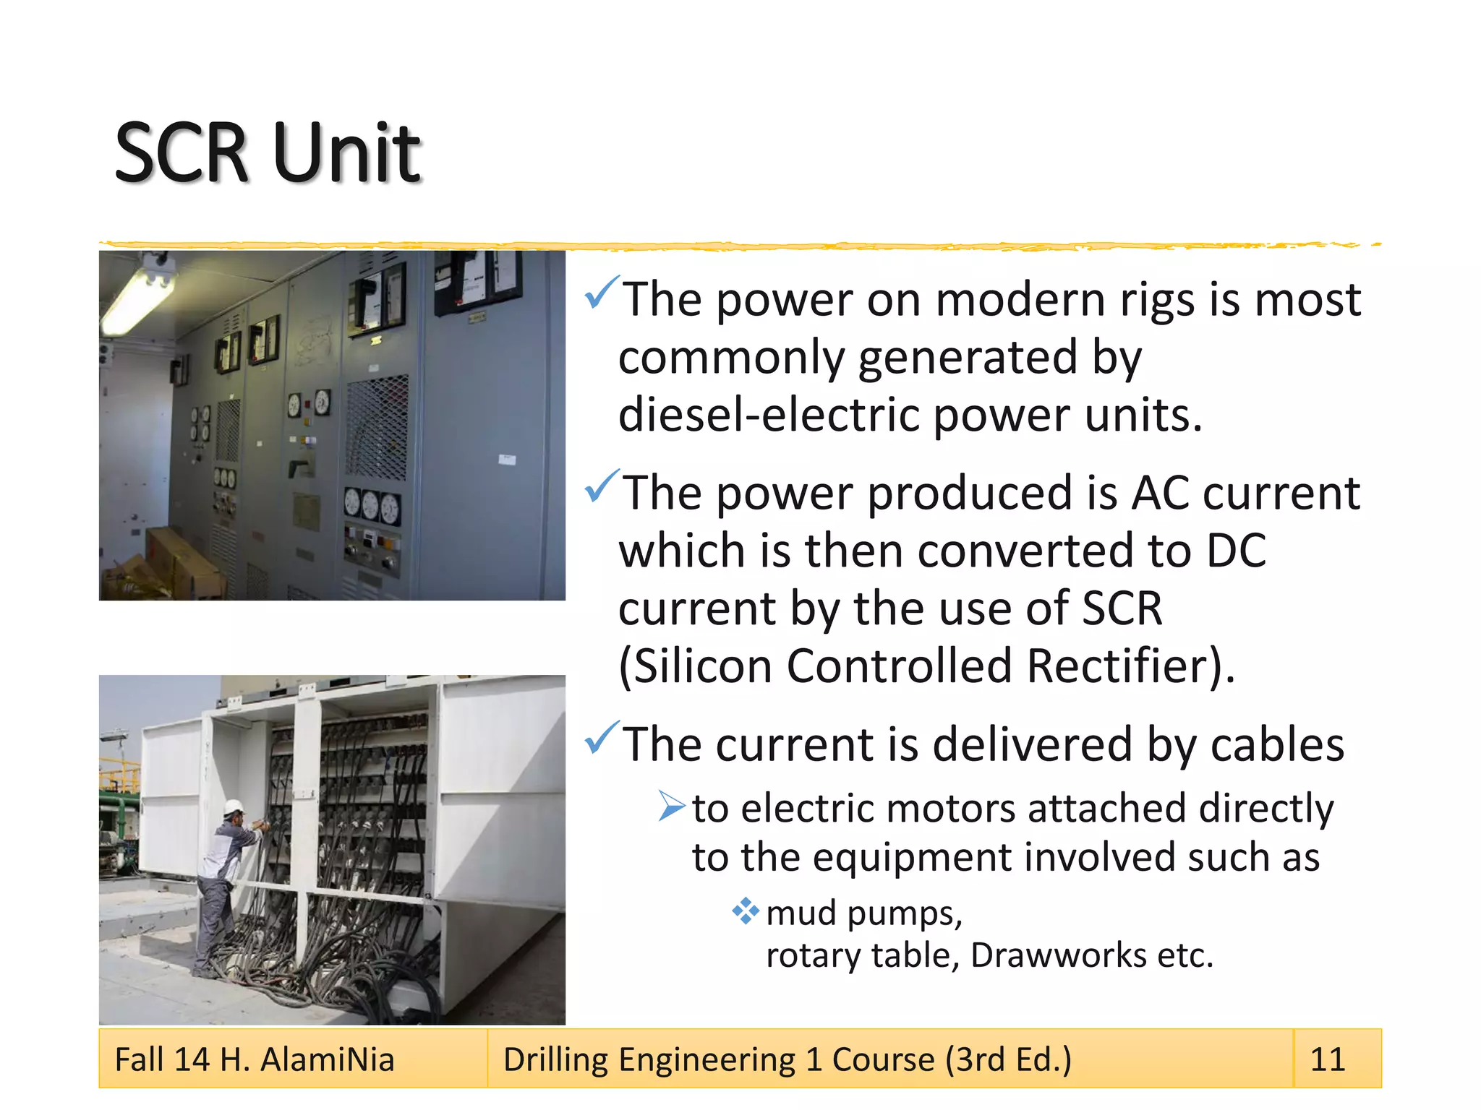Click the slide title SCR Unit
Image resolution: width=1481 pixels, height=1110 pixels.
[268, 153]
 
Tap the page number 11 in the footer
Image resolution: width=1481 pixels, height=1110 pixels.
[1327, 1059]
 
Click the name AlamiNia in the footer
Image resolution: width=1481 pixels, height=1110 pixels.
[327, 1059]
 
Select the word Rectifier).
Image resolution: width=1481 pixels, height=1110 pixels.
[1130, 666]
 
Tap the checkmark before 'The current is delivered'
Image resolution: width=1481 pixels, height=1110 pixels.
[602, 738]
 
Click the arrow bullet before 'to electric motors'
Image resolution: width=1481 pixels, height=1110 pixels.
[670, 806]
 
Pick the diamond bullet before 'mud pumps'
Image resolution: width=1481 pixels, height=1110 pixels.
[745, 911]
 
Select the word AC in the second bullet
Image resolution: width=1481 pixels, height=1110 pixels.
[1159, 494]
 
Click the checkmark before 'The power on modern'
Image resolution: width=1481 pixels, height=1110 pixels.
[602, 293]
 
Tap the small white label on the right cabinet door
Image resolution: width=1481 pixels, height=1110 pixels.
[507, 460]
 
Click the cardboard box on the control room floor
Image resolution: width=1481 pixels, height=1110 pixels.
[181, 560]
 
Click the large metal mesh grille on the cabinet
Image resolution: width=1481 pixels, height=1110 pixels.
[377, 428]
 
